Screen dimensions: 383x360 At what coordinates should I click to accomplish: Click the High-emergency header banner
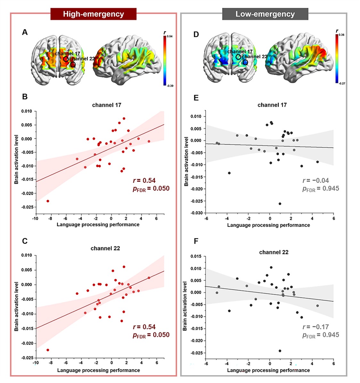click(x=93, y=14)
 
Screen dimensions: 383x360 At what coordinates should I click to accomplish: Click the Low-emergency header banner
click(x=265, y=14)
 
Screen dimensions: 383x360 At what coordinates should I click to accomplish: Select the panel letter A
click(x=25, y=32)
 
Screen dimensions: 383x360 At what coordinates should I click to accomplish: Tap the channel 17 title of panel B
click(x=107, y=105)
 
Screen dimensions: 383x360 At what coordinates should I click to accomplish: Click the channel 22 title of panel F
click(x=274, y=252)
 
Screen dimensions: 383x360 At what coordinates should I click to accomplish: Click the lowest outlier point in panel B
click(x=48, y=201)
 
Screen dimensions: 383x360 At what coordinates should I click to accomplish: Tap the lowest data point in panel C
click(x=48, y=350)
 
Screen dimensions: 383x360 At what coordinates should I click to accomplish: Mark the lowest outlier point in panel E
click(x=280, y=204)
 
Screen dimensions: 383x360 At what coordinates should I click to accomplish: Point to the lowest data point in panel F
click(x=280, y=351)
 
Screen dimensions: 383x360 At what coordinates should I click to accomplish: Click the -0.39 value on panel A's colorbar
click(x=170, y=86)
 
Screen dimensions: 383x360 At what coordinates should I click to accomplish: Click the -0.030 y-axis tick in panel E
click(x=197, y=213)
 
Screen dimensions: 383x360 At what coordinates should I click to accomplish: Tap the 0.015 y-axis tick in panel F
click(x=195, y=256)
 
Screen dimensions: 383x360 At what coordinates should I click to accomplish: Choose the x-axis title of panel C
click(x=98, y=370)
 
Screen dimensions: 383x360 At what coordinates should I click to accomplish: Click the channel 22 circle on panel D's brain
click(x=245, y=62)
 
